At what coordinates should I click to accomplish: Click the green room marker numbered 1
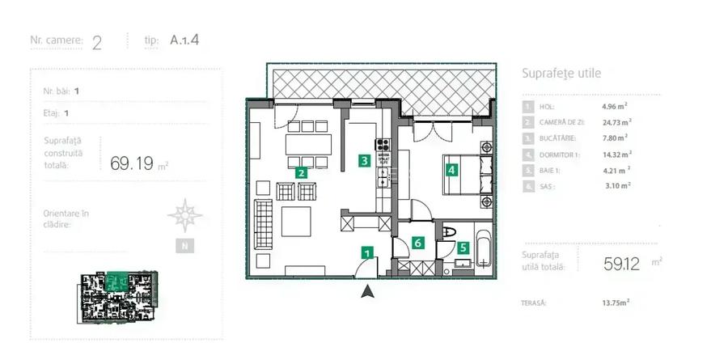click(367, 254)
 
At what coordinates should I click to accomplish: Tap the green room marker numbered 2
click(301, 172)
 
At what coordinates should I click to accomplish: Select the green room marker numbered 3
click(366, 161)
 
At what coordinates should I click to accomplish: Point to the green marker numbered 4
click(451, 170)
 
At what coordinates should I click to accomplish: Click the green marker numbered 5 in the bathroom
click(463, 249)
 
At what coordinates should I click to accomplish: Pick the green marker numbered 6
click(417, 242)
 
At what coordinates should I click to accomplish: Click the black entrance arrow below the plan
click(367, 291)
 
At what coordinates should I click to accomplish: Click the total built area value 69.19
click(132, 163)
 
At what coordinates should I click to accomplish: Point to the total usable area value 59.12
click(622, 263)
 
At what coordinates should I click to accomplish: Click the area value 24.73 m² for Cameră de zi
click(616, 122)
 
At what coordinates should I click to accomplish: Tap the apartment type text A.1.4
click(184, 40)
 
